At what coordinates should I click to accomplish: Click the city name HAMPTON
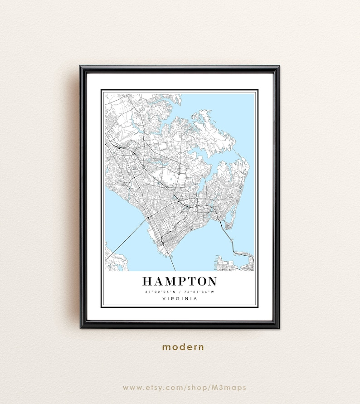[x=180, y=281]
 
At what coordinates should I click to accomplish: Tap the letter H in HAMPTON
[x=148, y=281]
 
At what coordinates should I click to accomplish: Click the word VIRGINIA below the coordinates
[x=180, y=298]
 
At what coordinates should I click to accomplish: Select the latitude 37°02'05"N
[x=161, y=292]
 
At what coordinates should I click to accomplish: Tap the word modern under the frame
[x=183, y=347]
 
